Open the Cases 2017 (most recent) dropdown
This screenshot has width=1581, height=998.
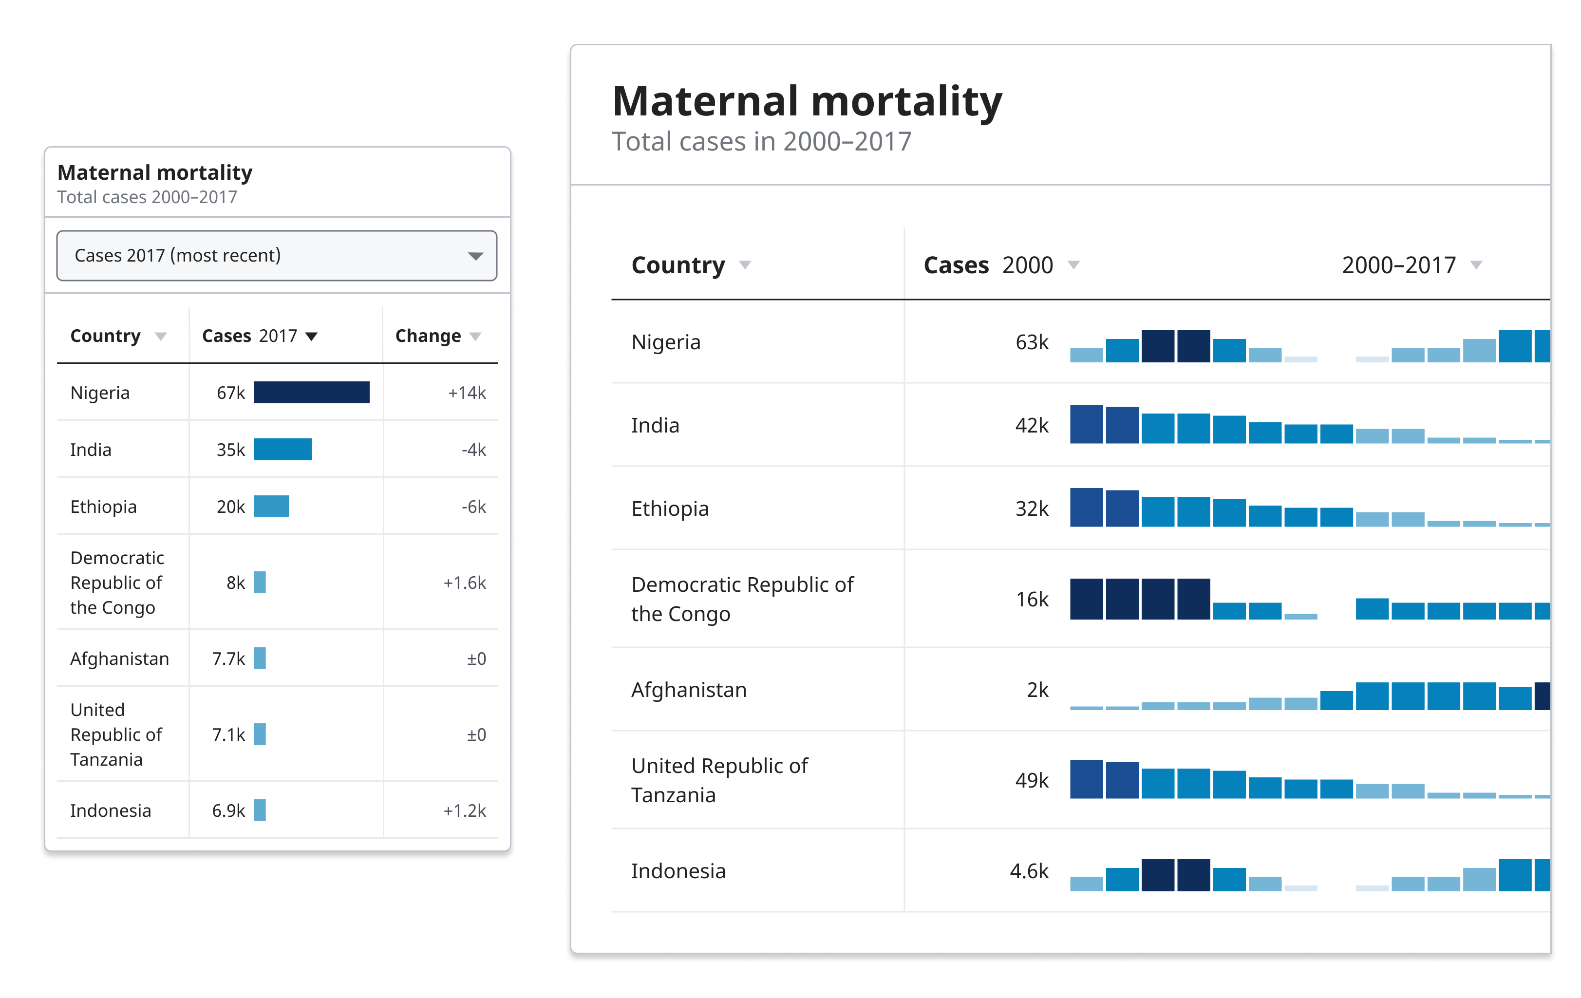(x=277, y=255)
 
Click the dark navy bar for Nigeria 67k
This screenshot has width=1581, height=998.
(x=311, y=393)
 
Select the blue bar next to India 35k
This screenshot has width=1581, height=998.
(x=282, y=450)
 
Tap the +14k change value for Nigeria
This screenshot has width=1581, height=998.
(x=467, y=393)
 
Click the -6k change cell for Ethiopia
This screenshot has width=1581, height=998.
(x=473, y=507)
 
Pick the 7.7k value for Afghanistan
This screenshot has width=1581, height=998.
(x=228, y=659)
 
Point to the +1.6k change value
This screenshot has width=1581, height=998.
(x=465, y=583)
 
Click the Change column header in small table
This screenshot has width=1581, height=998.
(x=428, y=336)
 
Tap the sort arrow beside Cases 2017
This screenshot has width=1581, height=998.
(x=312, y=336)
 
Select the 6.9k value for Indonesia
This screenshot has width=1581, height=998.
(x=228, y=811)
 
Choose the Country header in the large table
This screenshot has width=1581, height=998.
(x=678, y=265)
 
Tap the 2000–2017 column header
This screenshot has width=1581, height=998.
(x=1398, y=265)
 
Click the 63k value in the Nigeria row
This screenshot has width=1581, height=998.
(x=1032, y=342)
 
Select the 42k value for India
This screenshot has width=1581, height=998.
(x=1032, y=426)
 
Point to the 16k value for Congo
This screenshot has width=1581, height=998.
(x=1032, y=600)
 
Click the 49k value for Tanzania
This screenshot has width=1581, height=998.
(x=1032, y=781)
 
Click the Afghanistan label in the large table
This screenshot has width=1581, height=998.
(x=689, y=690)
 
